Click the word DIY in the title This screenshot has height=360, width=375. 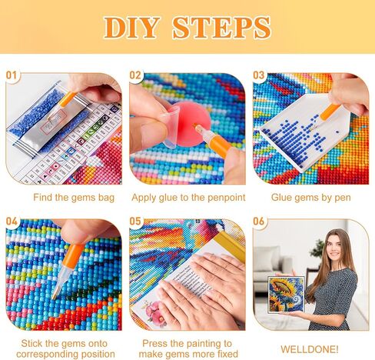(x=131, y=28)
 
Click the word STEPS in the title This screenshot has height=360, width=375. (x=222, y=28)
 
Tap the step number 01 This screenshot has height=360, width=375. (x=12, y=75)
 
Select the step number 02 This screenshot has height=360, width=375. (x=135, y=75)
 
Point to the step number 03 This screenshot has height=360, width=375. (x=258, y=75)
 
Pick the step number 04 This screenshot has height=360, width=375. (x=12, y=221)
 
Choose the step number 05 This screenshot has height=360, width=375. (x=135, y=221)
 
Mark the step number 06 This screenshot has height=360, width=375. (x=258, y=221)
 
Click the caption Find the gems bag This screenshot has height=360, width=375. (x=74, y=198)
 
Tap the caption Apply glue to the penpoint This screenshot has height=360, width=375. (x=188, y=198)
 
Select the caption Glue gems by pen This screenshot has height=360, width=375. (x=311, y=198)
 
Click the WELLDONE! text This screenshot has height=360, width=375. (x=310, y=349)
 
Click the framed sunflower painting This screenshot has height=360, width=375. (x=287, y=295)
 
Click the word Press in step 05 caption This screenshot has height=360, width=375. (x=154, y=343)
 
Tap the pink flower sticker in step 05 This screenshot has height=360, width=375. (x=152, y=311)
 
